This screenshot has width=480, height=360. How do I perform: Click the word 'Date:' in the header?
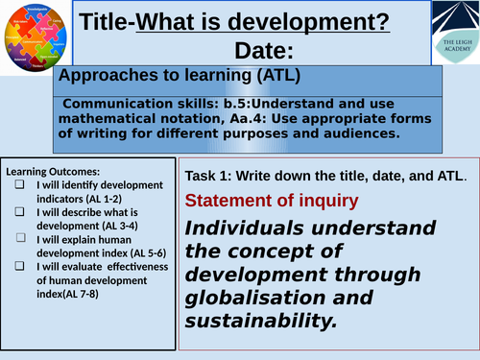(x=269, y=52)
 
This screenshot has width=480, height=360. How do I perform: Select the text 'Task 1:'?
(x=208, y=177)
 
